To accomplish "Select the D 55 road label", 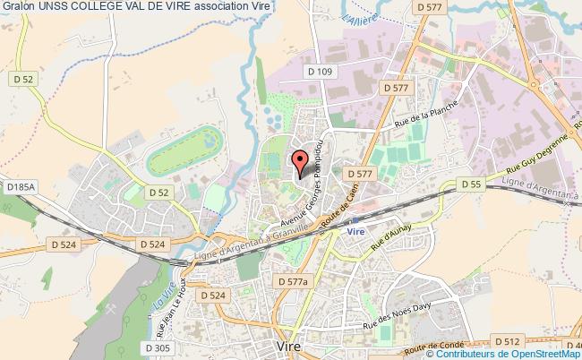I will coord(471,184).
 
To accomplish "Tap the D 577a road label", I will coord(293,281).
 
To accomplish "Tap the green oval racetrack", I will coord(185,150).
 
